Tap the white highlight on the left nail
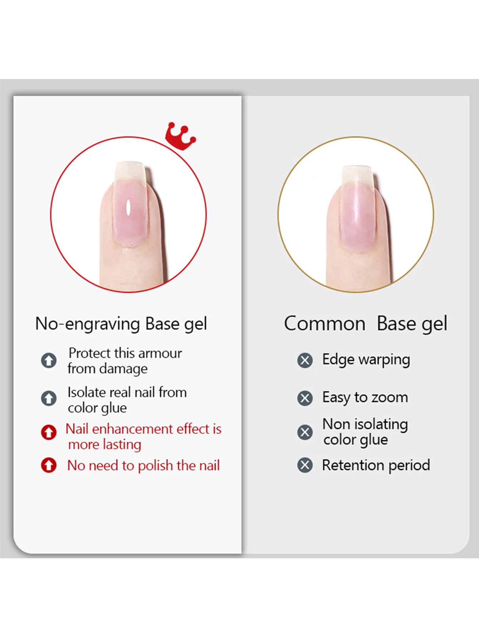[128, 207]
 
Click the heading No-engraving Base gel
[121, 324]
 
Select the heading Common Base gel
[365, 324]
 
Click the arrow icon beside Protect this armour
[49, 360]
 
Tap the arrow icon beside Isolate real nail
[49, 398]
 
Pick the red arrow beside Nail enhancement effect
[49, 432]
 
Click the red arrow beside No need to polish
[49, 465]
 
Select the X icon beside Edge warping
[305, 360]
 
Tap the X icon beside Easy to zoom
[305, 398]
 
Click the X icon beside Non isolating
[305, 432]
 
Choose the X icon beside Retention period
[305, 465]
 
